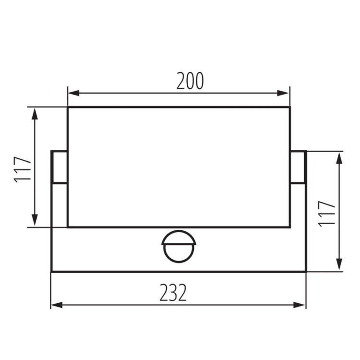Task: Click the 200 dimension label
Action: [190, 81]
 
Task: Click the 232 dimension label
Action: [173, 293]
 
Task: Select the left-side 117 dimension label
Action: [23, 169]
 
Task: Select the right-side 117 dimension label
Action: [327, 214]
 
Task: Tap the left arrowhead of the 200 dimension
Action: [74, 93]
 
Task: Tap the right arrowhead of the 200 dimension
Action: [283, 93]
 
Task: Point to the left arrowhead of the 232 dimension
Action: [57, 305]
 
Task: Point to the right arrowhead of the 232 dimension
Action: [300, 305]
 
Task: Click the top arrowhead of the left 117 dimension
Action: [35, 114]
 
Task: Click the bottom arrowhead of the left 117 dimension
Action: [35, 220]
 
